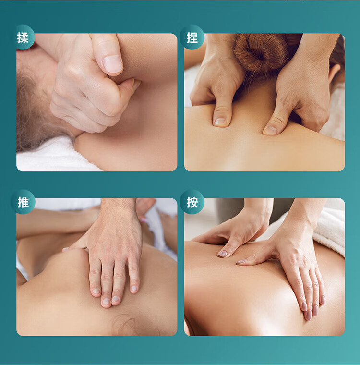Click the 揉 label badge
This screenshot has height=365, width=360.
23,37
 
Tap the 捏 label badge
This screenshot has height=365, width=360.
192,37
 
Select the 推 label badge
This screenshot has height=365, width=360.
23,202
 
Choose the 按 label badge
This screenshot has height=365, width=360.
192,202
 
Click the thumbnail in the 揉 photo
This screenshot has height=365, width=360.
113,63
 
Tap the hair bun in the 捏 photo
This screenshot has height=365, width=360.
261,53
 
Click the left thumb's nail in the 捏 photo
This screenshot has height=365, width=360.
220,122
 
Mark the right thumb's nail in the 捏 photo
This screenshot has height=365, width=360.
271,130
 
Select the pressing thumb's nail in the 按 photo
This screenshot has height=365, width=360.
222,254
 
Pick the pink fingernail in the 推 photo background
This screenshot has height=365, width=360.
144,220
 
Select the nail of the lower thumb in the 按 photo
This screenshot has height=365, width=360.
242,262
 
